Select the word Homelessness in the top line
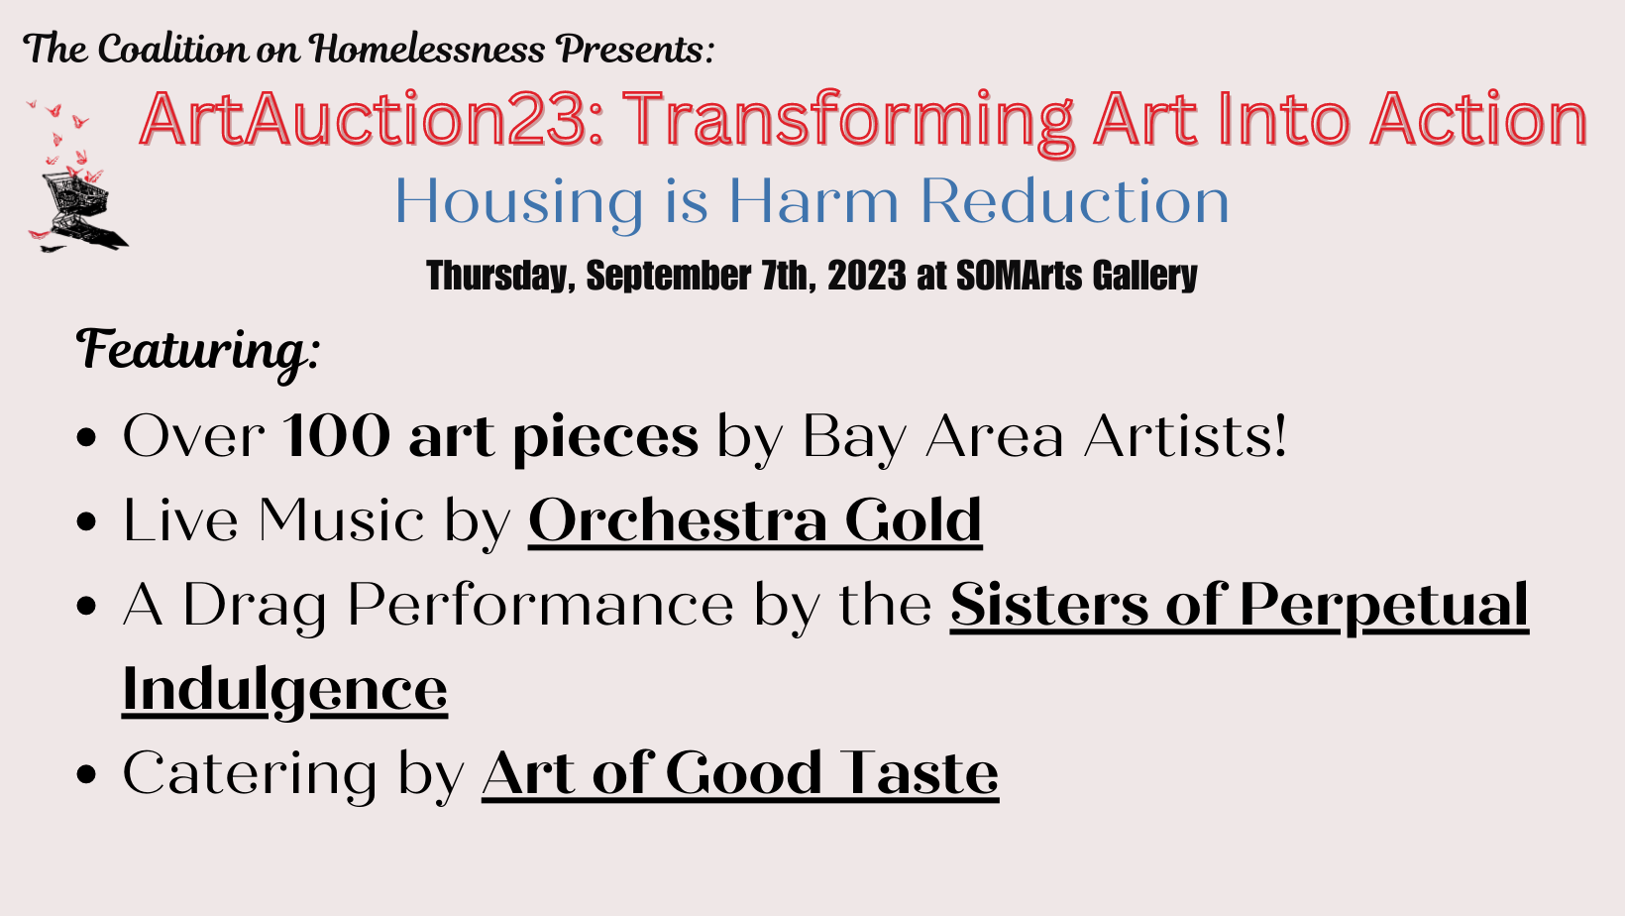click(x=427, y=50)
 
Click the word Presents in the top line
click(x=634, y=51)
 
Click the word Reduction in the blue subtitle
click(x=1074, y=201)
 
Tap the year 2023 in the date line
click(x=866, y=276)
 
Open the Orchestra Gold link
click(x=755, y=520)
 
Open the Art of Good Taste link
click(x=740, y=774)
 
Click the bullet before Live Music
click(x=85, y=521)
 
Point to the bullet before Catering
click(x=85, y=774)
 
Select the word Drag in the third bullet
click(x=254, y=607)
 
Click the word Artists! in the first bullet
click(x=1185, y=436)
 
